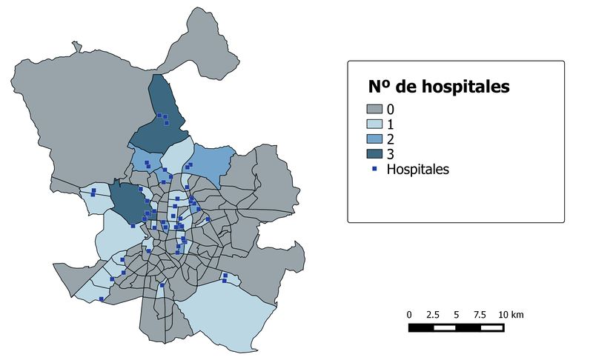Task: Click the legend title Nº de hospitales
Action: (439, 87)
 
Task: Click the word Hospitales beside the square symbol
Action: (418, 169)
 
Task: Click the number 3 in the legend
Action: (390, 153)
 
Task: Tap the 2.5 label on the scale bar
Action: (434, 315)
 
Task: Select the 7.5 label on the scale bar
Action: (480, 315)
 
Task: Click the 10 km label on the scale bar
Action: (511, 315)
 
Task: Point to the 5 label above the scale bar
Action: (456, 315)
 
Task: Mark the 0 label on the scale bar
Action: (409, 315)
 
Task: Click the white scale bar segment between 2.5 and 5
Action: (444, 327)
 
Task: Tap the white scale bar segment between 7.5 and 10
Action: (491, 327)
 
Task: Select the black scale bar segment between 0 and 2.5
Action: (420, 327)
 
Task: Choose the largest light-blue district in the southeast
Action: (226, 311)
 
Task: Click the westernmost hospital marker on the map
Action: (93, 192)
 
